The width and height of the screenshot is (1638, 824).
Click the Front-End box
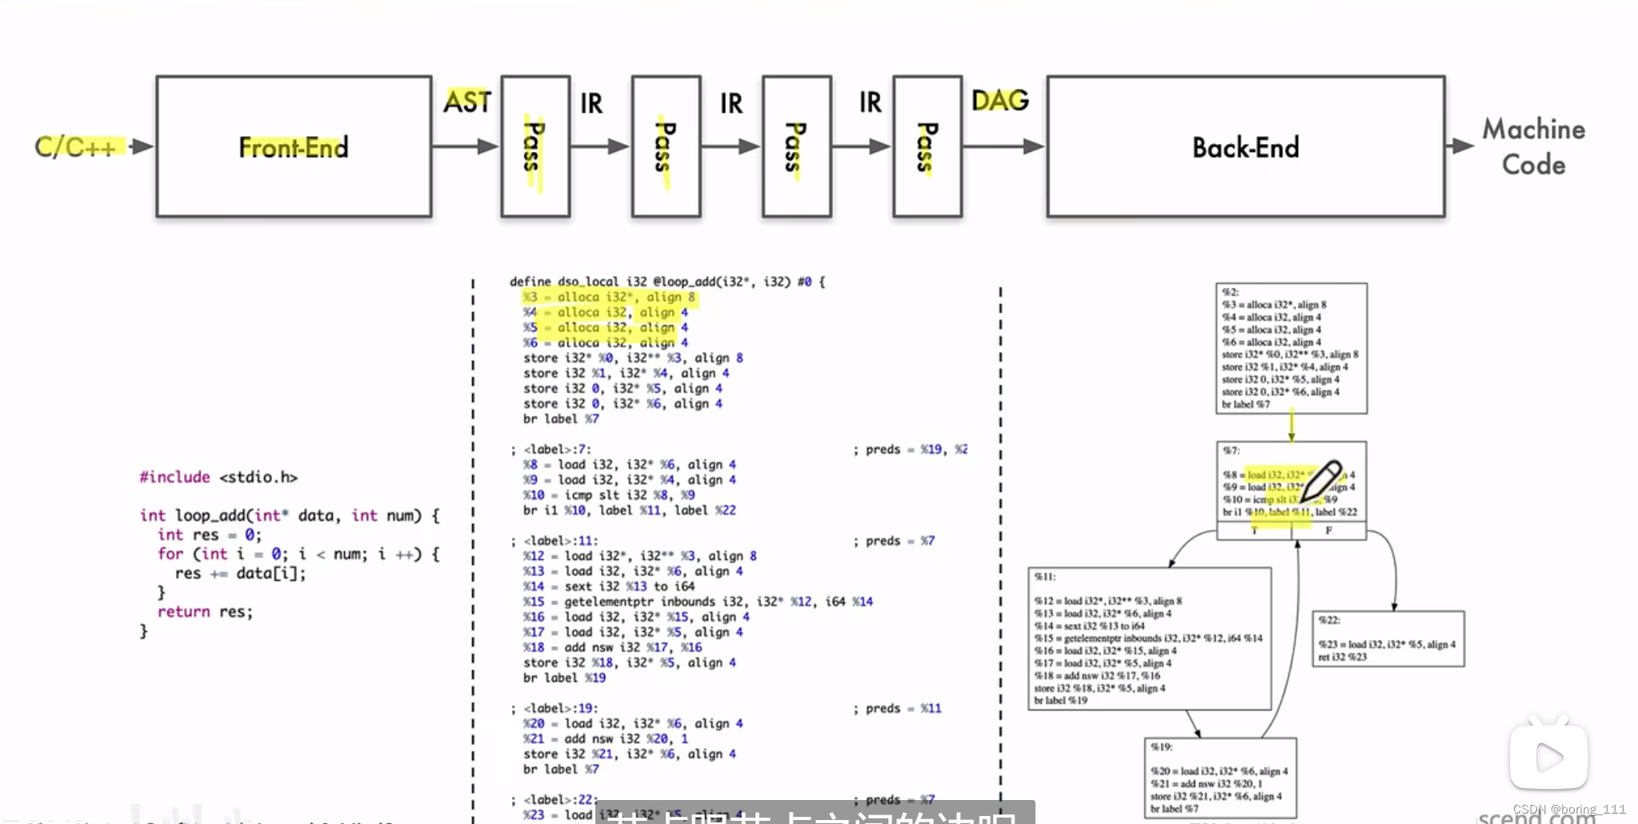(294, 147)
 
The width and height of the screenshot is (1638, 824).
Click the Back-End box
(1245, 147)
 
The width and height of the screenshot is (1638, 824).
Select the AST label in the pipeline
(467, 102)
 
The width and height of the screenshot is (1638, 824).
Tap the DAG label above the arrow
(999, 101)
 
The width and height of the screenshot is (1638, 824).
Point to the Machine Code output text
(1533, 146)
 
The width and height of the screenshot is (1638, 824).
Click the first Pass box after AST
(535, 147)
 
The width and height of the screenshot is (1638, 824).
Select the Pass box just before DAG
(927, 147)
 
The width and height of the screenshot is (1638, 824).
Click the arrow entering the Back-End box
(1004, 146)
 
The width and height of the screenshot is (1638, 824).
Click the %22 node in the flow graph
(1388, 638)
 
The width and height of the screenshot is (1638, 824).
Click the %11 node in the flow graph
(1149, 638)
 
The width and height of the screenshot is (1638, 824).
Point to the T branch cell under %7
(1254, 530)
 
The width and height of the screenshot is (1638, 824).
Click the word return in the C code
(183, 612)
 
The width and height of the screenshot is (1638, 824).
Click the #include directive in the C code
(174, 478)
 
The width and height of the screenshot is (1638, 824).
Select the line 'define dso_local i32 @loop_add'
(667, 282)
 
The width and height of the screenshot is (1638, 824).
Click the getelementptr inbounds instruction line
(698, 602)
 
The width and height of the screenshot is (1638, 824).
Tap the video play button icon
(1548, 756)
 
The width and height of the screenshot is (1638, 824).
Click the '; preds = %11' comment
(897, 709)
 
